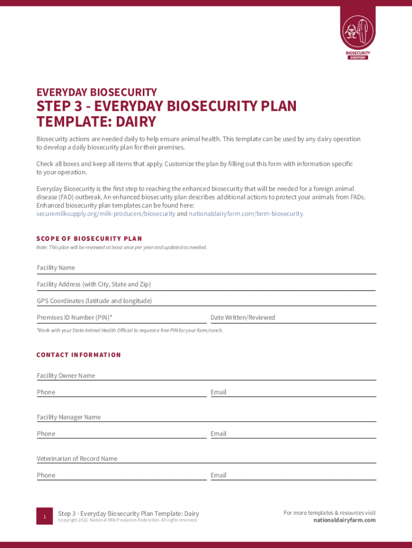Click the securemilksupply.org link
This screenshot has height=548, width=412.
pyautogui.click(x=105, y=214)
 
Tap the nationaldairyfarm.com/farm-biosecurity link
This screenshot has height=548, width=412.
pyautogui.click(x=246, y=214)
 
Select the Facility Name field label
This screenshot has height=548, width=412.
pyautogui.click(x=56, y=268)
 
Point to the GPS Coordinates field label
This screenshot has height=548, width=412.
pyautogui.click(x=94, y=301)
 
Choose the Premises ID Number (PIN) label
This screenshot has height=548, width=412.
pyautogui.click(x=74, y=317)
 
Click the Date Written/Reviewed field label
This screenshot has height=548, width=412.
pyautogui.click(x=243, y=317)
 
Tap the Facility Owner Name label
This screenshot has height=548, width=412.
pyautogui.click(x=66, y=376)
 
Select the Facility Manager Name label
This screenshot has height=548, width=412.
pyautogui.click(x=68, y=417)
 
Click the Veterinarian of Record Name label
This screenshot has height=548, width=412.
pyautogui.click(x=77, y=459)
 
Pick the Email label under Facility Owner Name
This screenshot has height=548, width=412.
pyautogui.click(x=218, y=392)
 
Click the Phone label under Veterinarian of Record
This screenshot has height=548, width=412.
pyautogui.click(x=46, y=475)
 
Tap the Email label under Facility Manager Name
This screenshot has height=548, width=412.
pyautogui.click(x=218, y=433)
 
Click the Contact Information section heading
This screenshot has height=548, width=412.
pyautogui.click(x=79, y=355)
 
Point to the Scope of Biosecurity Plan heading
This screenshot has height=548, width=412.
pyautogui.click(x=89, y=238)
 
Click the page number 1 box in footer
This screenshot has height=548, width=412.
pyautogui.click(x=45, y=516)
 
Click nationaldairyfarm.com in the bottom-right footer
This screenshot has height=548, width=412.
pyautogui.click(x=344, y=520)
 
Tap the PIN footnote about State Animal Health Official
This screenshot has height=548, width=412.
pyautogui.click(x=129, y=330)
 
